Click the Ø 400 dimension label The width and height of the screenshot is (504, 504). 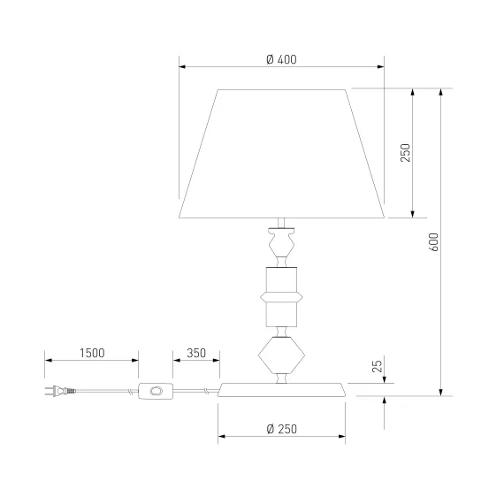click(x=281, y=59)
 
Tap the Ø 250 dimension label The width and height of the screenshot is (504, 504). click(x=281, y=429)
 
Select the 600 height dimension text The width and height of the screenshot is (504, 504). click(x=433, y=242)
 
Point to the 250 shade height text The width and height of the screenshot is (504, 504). click(x=406, y=153)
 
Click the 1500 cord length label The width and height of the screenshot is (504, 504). click(x=92, y=353)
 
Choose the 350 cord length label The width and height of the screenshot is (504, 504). click(x=196, y=353)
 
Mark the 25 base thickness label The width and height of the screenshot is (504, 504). click(x=378, y=366)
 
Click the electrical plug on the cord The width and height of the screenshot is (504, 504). click(x=60, y=391)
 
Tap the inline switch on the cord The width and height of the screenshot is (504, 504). click(x=156, y=391)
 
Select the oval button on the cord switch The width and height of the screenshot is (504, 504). click(x=157, y=391)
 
